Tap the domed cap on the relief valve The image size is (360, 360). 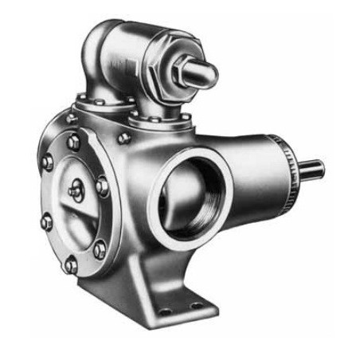pyautogui.click(x=203, y=74)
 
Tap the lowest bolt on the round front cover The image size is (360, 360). pyautogui.click(x=71, y=264)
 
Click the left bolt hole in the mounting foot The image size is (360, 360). pyautogui.click(x=165, y=311)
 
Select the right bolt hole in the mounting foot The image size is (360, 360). pyautogui.click(x=196, y=305)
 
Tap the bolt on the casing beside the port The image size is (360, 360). pyautogui.click(x=124, y=138)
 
